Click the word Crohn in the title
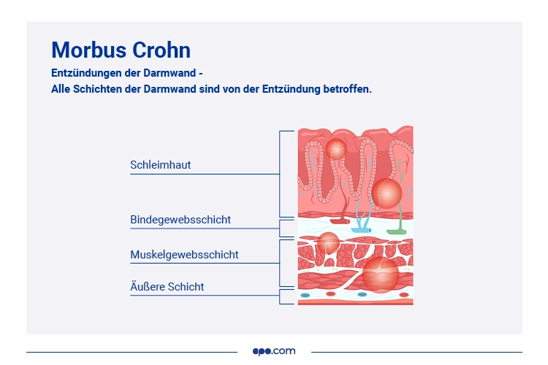[161, 50]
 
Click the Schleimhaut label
[160, 165]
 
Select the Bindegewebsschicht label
[180, 220]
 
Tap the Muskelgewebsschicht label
[184, 255]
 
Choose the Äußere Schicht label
[167, 287]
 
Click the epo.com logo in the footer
[274, 351]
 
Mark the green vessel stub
[397, 231]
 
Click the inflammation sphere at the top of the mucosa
[336, 149]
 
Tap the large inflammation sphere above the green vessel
[386, 193]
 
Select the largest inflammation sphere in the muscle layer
[381, 273]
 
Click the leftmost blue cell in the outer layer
[305, 295]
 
